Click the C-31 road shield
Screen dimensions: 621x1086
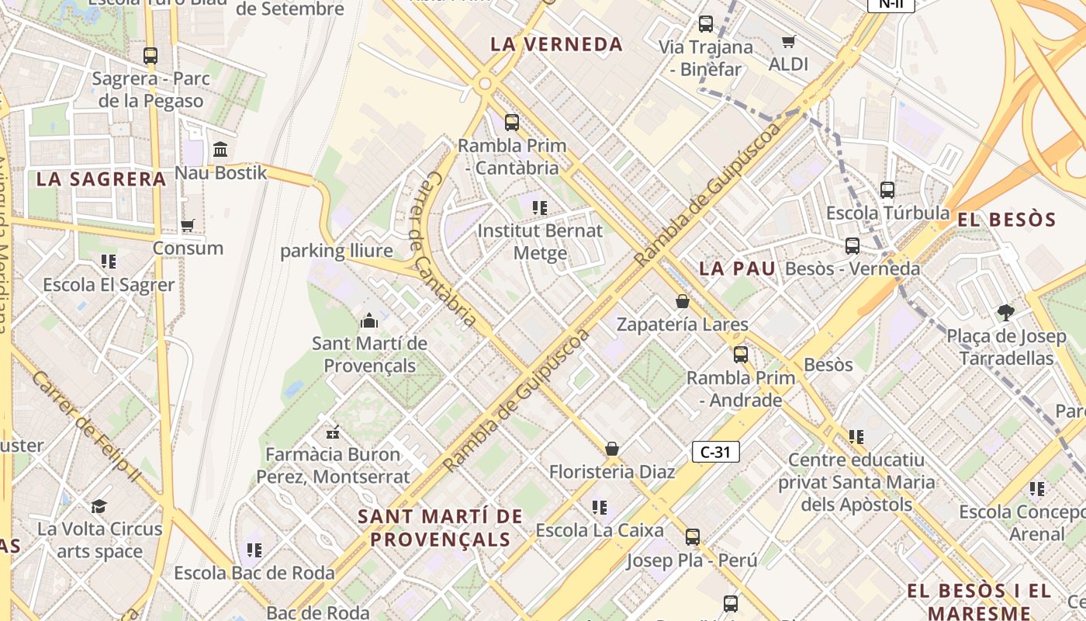point(715,452)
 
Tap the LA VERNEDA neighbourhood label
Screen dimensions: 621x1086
point(556,44)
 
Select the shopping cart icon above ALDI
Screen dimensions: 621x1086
point(788,41)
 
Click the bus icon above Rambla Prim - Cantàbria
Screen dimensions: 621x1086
point(511,122)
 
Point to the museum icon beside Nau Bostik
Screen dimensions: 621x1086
point(220,149)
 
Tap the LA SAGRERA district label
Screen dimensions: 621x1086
point(102,179)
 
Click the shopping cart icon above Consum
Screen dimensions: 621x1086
point(187,225)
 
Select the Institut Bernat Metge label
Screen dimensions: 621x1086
point(540,241)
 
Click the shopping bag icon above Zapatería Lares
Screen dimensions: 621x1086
point(683,301)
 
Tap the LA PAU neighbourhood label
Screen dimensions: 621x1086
point(737,269)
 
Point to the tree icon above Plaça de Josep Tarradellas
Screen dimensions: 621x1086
point(1006,313)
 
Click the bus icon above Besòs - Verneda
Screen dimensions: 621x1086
point(853,246)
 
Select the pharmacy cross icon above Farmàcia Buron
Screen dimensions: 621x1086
point(333,432)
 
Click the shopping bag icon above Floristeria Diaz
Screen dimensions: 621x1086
point(612,449)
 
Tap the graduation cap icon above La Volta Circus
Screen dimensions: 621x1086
point(99,506)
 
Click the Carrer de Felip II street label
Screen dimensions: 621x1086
point(86,425)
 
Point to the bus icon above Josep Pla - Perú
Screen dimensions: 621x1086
point(693,536)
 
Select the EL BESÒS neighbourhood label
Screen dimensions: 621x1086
point(1007,220)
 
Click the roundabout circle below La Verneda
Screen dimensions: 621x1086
point(486,83)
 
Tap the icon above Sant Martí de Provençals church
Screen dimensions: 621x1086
point(369,320)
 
